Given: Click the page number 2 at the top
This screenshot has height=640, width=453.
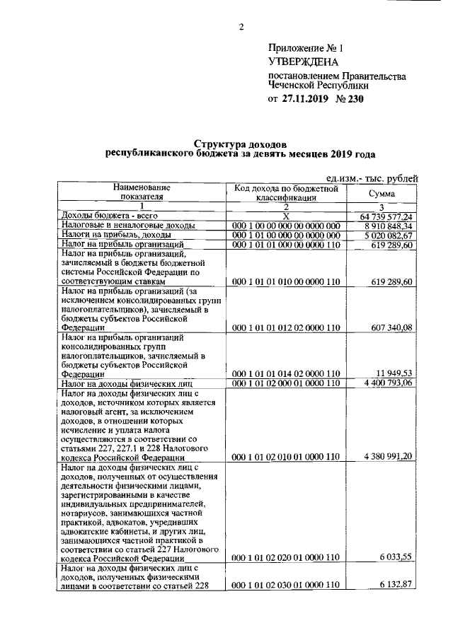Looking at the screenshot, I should (x=240, y=28).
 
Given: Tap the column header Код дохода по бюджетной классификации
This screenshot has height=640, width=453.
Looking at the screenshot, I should (x=287, y=194).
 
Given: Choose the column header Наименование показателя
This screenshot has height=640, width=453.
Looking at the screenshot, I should (x=146, y=192).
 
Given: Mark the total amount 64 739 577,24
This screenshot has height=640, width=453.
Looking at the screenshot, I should (x=383, y=216).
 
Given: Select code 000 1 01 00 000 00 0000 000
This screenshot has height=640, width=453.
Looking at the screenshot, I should (x=287, y=235).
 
